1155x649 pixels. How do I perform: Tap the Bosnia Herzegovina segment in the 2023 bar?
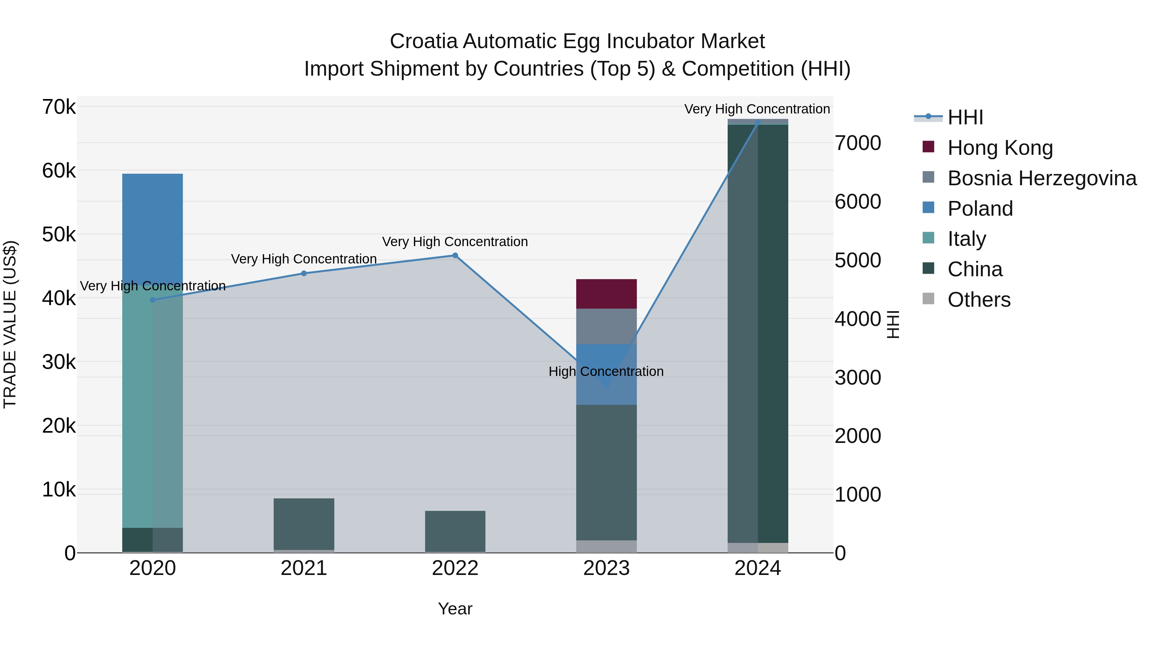point(606,326)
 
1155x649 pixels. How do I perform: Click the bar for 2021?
point(304,524)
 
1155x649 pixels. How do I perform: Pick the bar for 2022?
point(455,531)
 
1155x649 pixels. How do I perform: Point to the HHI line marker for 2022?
point(455,255)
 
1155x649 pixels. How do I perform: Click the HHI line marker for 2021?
point(304,273)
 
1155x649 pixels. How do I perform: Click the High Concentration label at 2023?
point(606,371)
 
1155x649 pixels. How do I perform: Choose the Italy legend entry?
point(966,239)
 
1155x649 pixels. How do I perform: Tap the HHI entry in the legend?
point(965,117)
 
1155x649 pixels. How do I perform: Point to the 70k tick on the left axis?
point(59,107)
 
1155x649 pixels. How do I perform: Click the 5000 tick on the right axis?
point(857,260)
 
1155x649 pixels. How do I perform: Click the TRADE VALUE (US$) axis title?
point(10,324)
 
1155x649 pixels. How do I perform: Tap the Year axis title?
point(455,609)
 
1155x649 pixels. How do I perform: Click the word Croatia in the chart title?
point(423,41)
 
